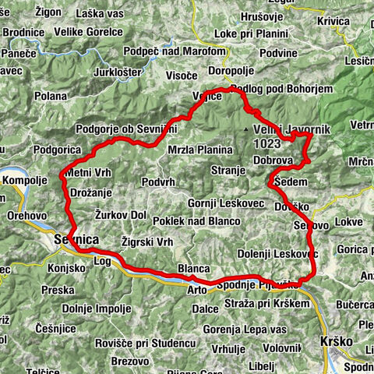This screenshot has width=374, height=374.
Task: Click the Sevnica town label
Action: click(76, 241)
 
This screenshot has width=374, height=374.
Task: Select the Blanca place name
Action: click(194, 269)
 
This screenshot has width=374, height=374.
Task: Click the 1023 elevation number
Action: click(267, 144)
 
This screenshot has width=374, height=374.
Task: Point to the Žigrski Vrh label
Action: click(147, 242)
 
